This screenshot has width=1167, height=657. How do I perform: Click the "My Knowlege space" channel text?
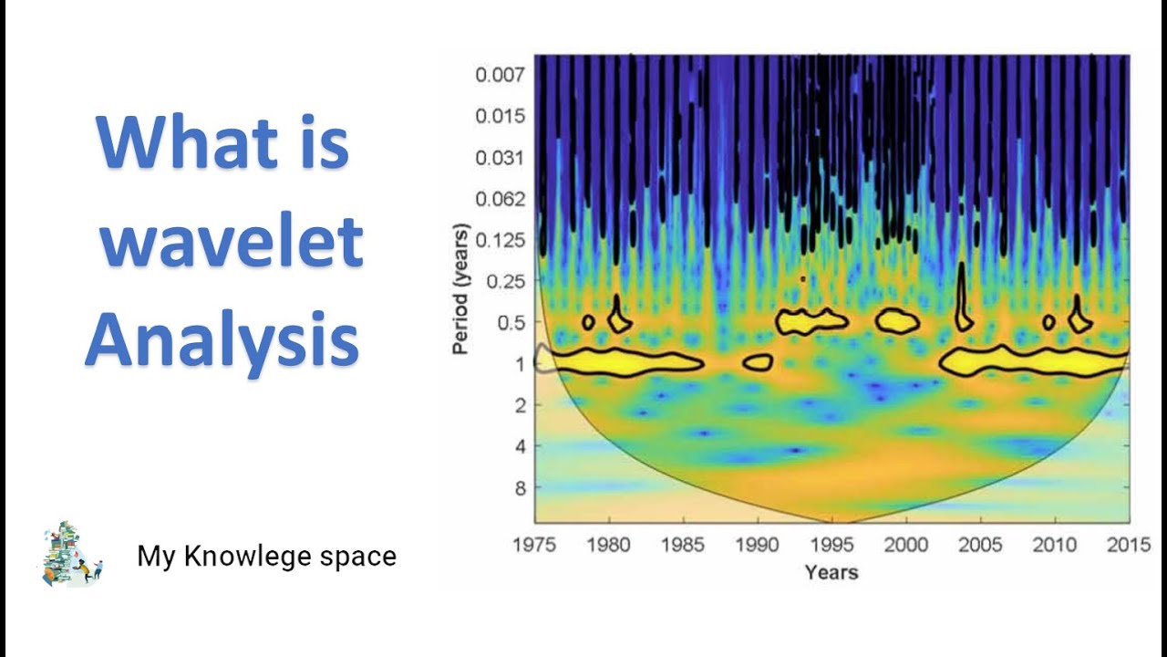point(266,556)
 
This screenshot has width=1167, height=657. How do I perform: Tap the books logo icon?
point(72,554)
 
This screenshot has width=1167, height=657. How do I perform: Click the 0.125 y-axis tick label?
point(500,241)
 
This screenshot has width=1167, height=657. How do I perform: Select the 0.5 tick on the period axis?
point(511,323)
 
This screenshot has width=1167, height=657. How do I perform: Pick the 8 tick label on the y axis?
point(519,488)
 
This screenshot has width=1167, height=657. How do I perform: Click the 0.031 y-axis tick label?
point(500,158)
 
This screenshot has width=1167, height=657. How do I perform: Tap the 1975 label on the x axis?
point(534,546)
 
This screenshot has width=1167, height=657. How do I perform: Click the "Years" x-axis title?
point(831,572)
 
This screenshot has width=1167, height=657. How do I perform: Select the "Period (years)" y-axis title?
point(461,288)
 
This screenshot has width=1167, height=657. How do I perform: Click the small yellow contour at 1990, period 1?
point(757,362)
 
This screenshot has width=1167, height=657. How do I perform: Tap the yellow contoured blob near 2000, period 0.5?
point(897,320)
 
